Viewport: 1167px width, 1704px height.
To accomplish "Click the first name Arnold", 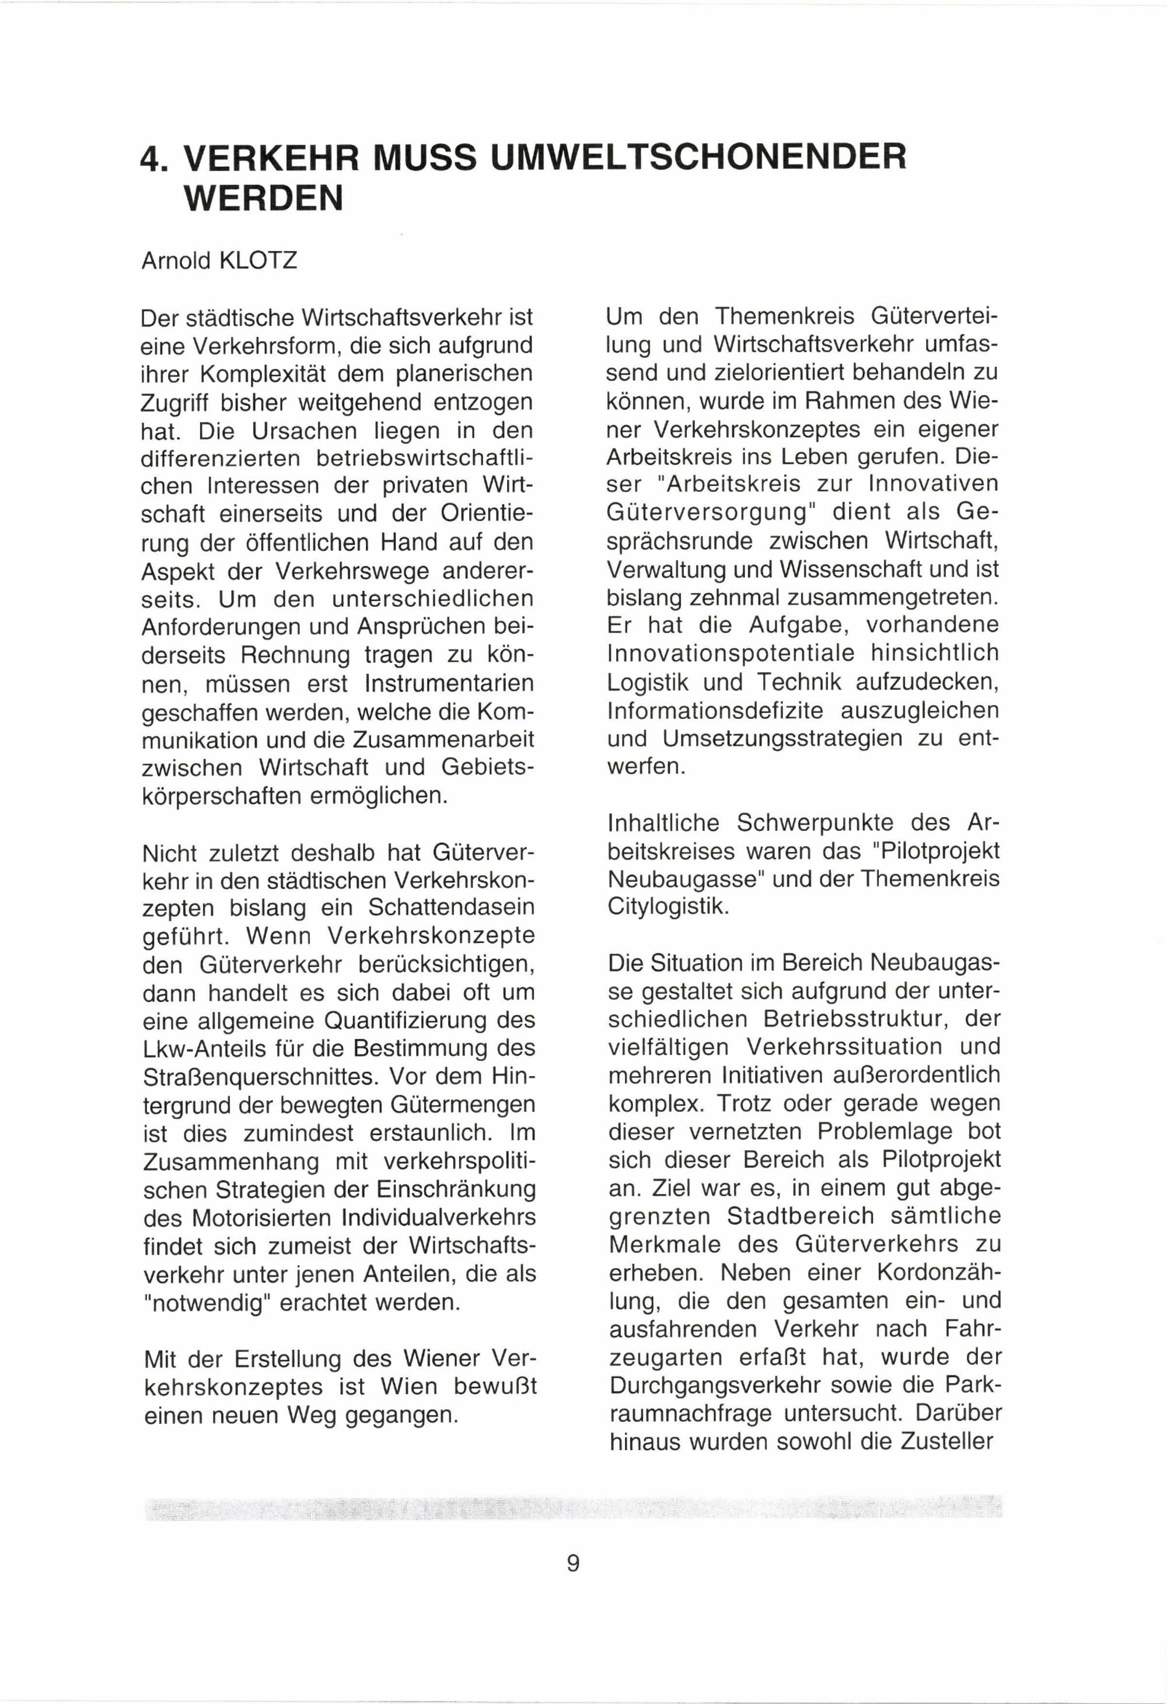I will tap(176, 261).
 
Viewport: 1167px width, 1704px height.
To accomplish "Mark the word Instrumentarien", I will tap(449, 683).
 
